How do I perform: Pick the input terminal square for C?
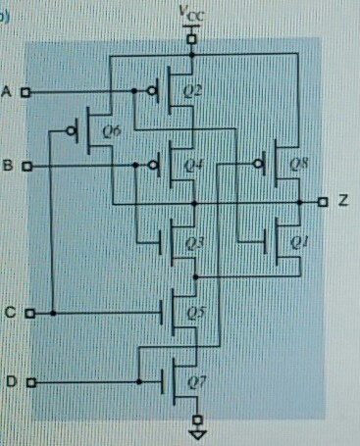pyautogui.click(x=29, y=314)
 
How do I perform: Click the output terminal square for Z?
pyautogui.click(x=322, y=202)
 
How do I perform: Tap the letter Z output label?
pyautogui.click(x=343, y=201)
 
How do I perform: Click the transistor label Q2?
pyautogui.click(x=192, y=92)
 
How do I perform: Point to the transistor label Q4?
pyautogui.click(x=193, y=164)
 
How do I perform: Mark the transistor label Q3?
pyautogui.click(x=193, y=239)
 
